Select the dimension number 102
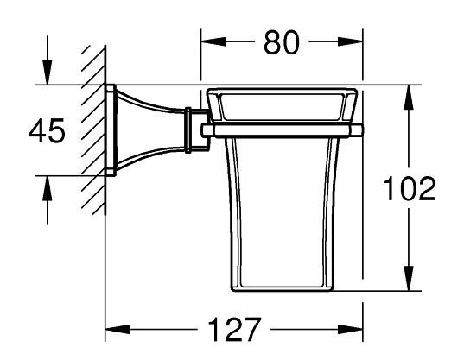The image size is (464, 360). pyautogui.click(x=408, y=188)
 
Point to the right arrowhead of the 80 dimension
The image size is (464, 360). pyautogui.click(x=353, y=41)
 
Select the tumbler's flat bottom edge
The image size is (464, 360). pyautogui.click(x=281, y=291)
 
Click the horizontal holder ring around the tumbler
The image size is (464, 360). pyautogui.click(x=281, y=130)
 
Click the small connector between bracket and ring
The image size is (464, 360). pyautogui.click(x=194, y=129)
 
